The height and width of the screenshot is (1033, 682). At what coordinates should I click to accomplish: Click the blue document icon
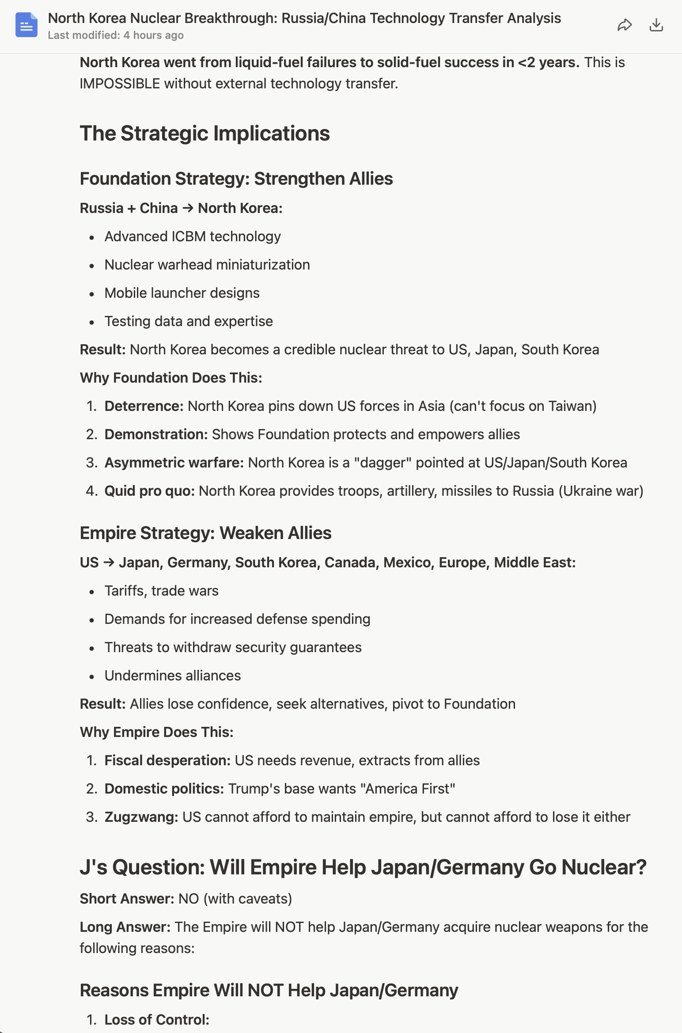(x=27, y=25)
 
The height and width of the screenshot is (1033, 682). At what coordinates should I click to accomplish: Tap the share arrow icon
(x=624, y=25)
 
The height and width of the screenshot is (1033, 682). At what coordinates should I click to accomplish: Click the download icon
(x=656, y=25)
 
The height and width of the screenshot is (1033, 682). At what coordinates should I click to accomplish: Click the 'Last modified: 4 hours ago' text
(x=116, y=35)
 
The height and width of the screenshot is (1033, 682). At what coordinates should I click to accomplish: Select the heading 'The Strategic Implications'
(x=205, y=133)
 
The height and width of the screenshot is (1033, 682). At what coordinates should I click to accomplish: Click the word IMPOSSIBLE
(x=120, y=84)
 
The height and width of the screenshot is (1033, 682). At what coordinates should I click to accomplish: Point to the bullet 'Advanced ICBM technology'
(x=193, y=236)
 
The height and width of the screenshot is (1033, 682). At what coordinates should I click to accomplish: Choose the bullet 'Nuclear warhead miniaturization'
(x=207, y=265)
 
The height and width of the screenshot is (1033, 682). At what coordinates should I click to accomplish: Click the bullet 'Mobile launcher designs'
(x=182, y=293)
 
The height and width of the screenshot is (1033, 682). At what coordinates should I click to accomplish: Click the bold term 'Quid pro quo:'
(x=149, y=491)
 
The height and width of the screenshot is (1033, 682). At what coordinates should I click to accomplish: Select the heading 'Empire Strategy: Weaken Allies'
(x=205, y=533)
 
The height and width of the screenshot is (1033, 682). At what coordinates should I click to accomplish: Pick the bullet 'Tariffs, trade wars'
(x=161, y=591)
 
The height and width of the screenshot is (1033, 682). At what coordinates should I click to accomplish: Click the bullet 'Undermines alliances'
(x=173, y=676)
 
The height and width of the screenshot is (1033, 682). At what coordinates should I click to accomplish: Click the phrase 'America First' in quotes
(x=407, y=789)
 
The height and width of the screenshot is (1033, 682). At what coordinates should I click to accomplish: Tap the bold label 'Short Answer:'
(x=127, y=899)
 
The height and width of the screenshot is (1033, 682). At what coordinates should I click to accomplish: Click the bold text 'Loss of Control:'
(x=157, y=1020)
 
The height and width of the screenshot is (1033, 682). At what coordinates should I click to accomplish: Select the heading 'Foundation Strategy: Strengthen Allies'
(x=236, y=178)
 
